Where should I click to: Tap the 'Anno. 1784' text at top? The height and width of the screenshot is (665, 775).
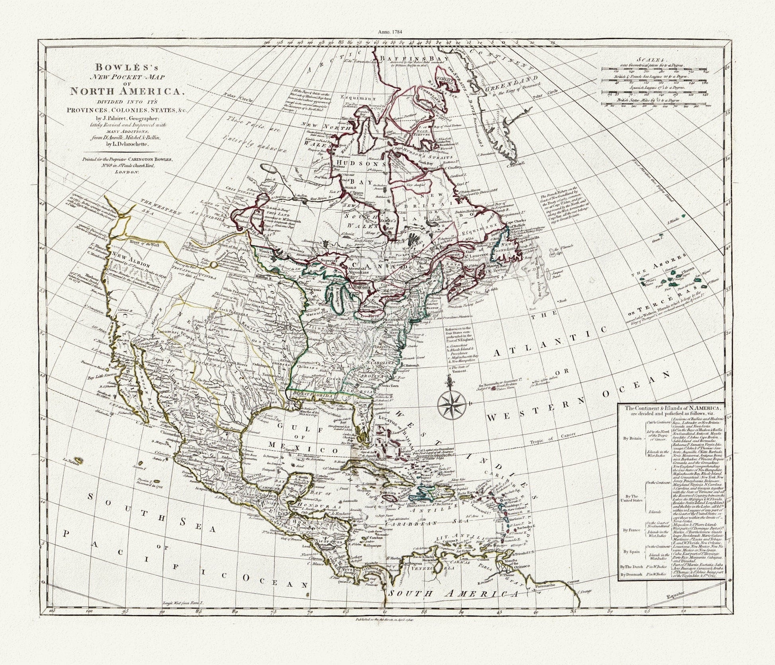(x=387, y=32)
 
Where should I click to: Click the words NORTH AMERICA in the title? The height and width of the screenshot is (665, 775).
(x=125, y=91)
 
